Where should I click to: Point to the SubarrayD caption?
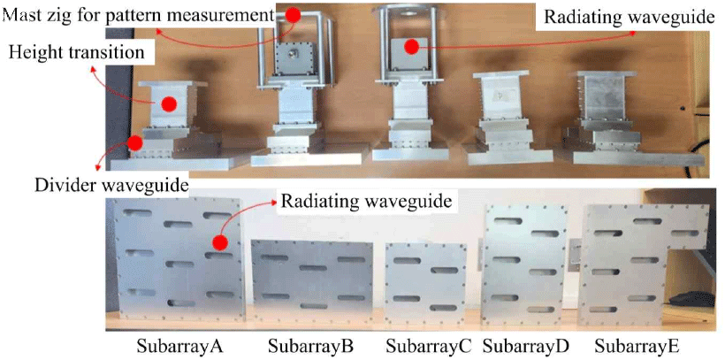pos(529,344)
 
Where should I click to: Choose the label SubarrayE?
pos(637,344)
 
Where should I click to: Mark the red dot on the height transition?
pos(170,104)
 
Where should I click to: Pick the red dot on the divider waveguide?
pos(134,142)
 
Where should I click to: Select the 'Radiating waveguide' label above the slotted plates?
pos(367,203)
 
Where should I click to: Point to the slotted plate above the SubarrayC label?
pos(426,280)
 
